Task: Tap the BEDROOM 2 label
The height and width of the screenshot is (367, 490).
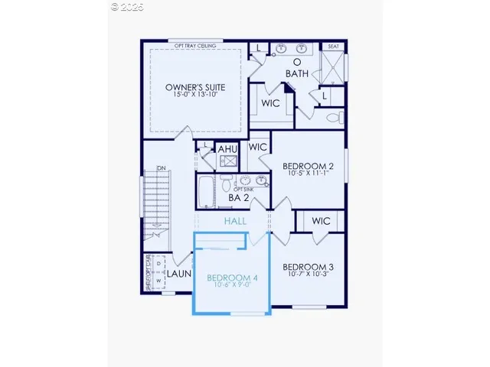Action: (x=308, y=166)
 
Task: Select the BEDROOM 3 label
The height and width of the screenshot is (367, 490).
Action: (x=308, y=268)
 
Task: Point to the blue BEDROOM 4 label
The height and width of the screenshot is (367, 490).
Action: (x=232, y=278)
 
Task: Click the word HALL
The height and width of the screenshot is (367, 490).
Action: (x=236, y=221)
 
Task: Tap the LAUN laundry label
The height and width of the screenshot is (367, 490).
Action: (x=179, y=272)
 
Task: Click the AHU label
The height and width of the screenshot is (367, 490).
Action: (x=227, y=149)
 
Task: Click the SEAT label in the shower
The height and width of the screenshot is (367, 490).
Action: (x=333, y=47)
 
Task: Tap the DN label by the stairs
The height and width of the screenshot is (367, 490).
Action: (x=161, y=168)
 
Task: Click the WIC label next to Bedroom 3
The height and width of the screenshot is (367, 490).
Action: (x=321, y=221)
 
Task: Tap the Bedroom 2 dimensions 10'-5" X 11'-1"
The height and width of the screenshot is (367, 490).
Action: (x=308, y=174)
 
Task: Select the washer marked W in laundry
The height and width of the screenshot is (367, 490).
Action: (x=158, y=281)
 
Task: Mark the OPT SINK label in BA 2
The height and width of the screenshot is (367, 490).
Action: (x=243, y=189)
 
